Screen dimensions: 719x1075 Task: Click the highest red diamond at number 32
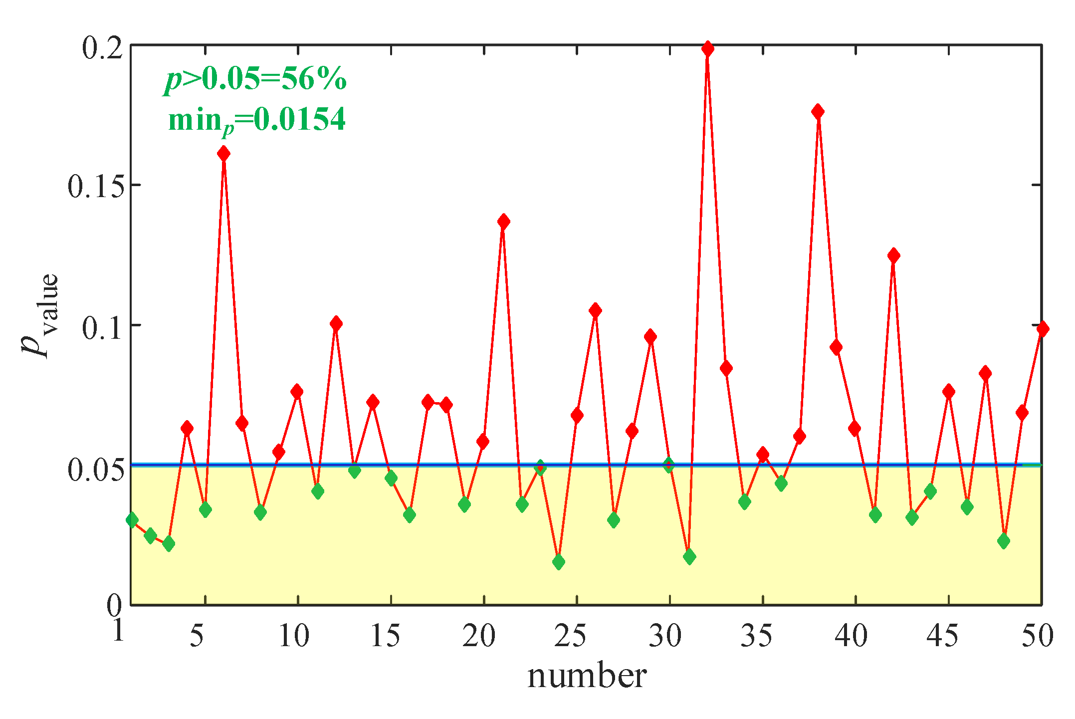(x=707, y=49)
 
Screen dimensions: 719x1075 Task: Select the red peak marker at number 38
(x=818, y=112)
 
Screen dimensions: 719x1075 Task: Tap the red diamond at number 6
(x=223, y=154)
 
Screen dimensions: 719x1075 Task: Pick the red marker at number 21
(x=503, y=222)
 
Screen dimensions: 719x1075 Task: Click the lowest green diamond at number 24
(x=559, y=562)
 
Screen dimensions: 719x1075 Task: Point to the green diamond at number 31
(x=689, y=556)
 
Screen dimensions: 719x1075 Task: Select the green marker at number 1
(x=132, y=520)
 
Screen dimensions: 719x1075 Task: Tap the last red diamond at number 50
(x=1042, y=329)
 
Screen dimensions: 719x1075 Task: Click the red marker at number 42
(x=893, y=256)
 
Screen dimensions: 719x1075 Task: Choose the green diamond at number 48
(x=1004, y=541)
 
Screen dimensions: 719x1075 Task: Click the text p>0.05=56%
(x=255, y=80)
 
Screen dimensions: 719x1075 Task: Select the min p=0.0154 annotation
(x=257, y=121)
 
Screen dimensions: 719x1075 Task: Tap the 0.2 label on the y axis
(x=102, y=48)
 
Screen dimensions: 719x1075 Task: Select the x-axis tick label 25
(x=570, y=636)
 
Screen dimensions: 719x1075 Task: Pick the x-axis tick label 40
(x=851, y=636)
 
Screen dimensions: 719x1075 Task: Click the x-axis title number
(x=587, y=677)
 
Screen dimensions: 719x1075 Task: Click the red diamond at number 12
(x=336, y=324)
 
